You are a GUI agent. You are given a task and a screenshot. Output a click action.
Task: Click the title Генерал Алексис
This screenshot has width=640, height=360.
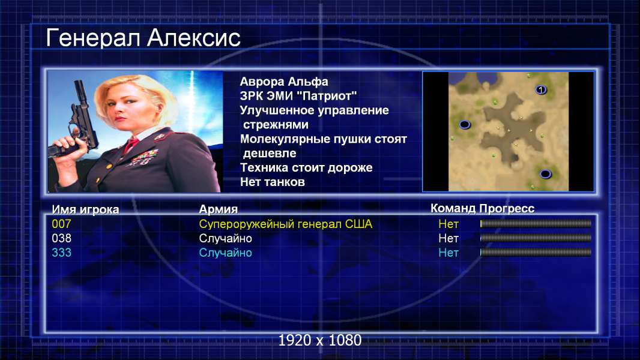[x=143, y=38]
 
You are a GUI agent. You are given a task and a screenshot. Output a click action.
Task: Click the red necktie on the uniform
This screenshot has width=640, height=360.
[x=131, y=144]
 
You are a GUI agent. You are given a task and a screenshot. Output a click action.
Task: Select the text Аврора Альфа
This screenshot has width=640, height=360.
[x=283, y=82]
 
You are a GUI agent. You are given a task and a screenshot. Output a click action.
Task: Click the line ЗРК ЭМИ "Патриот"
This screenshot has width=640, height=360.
[x=298, y=96]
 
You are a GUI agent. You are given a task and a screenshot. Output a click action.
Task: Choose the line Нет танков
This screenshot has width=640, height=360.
[x=272, y=182]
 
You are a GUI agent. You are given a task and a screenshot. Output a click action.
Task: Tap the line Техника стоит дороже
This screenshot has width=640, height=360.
[x=306, y=167]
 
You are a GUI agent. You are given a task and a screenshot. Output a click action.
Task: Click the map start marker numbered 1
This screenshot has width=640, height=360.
[x=541, y=89]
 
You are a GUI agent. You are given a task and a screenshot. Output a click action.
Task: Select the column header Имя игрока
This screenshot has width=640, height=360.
[x=85, y=209]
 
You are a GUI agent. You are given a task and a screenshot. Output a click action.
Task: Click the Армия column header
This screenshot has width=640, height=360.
[x=218, y=209]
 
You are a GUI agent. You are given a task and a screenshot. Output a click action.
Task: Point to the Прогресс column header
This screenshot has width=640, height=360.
[x=507, y=209]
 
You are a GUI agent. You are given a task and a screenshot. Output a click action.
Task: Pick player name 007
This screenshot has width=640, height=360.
[x=61, y=224]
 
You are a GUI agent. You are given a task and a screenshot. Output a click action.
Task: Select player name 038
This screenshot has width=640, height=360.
[x=61, y=238]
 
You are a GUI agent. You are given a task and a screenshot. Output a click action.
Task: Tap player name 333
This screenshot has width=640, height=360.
[x=61, y=253]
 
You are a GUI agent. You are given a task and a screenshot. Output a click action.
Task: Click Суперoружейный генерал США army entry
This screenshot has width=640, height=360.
[x=286, y=224]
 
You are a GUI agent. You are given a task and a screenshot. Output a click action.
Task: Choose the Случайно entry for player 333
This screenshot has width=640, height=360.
[x=225, y=253]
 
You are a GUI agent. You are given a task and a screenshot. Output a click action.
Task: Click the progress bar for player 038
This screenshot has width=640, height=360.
[x=536, y=238]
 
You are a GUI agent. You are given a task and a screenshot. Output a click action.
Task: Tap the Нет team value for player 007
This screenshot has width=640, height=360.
[x=448, y=224]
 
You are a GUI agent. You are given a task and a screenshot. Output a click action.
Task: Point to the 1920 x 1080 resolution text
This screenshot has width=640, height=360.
[x=320, y=340]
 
